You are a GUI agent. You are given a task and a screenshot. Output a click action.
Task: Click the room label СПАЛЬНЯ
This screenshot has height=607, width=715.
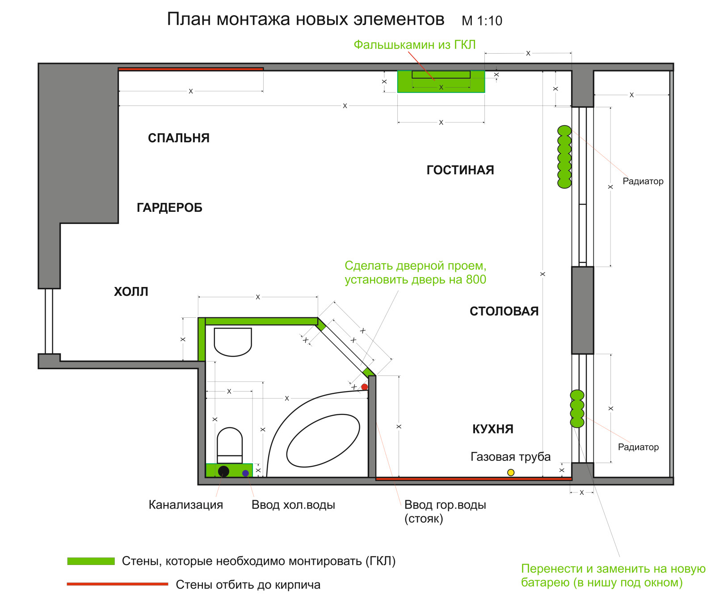[x=179, y=138]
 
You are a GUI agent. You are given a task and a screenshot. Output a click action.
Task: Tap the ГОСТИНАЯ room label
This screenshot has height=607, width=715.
[x=460, y=170]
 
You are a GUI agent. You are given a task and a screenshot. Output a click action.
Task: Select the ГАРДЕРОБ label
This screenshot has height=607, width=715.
[x=169, y=208]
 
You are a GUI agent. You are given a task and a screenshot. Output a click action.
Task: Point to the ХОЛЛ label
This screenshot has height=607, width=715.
[x=131, y=292]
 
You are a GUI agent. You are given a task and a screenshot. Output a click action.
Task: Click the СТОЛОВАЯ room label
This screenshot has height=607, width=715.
[x=504, y=312]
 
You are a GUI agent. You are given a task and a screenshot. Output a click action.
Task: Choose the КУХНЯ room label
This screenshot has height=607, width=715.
[x=493, y=429]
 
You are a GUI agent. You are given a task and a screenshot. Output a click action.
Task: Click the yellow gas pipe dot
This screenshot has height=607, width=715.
[x=511, y=472]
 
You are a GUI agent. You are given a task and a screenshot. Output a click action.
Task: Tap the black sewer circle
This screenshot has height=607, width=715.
[x=223, y=471]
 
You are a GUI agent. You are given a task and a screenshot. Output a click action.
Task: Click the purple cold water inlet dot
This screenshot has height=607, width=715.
[x=245, y=473]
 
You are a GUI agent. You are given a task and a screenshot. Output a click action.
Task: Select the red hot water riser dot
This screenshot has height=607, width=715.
[x=365, y=387]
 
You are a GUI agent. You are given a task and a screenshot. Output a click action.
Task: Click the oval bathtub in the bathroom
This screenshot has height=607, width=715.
[x=323, y=441]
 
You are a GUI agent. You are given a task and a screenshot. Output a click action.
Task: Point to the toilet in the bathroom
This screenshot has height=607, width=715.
[x=230, y=445]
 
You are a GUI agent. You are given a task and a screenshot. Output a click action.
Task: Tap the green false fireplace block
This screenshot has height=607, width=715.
[x=441, y=82]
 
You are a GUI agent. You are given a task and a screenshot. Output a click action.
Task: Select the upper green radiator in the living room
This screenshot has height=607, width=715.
[x=564, y=157]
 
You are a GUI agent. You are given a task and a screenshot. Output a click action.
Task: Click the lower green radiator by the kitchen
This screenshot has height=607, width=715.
[x=577, y=409]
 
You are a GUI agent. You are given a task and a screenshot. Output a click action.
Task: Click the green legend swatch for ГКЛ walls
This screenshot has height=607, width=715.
[x=91, y=561]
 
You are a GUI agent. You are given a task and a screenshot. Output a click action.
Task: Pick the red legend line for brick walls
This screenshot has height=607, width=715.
[x=118, y=584]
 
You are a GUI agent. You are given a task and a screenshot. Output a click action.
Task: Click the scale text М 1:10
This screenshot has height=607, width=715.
[x=482, y=21]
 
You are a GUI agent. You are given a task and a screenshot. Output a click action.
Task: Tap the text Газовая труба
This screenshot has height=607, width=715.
[x=510, y=457]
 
